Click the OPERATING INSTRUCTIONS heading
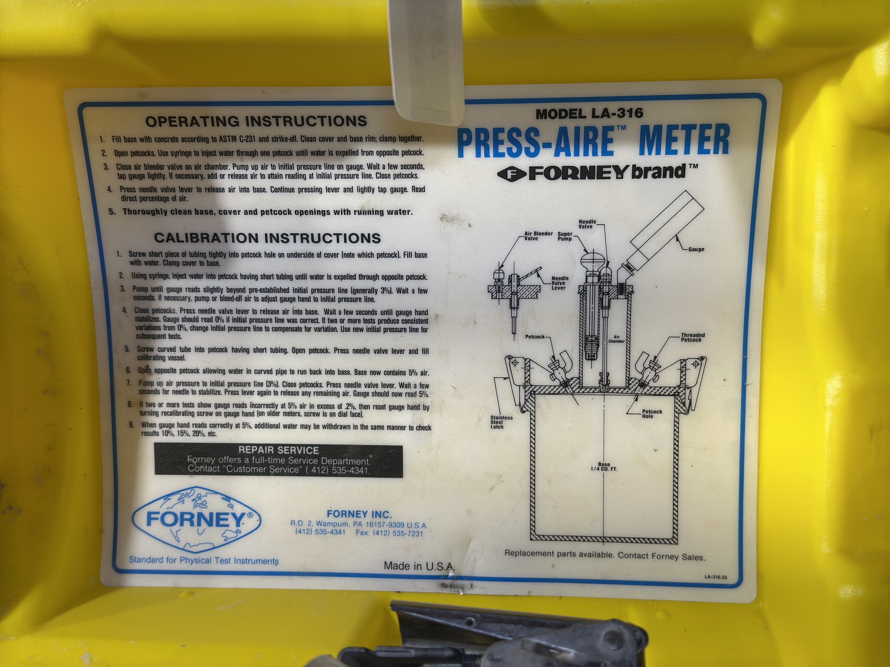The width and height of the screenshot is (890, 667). pos(256,121)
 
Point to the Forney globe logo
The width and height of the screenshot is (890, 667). pos(197,519)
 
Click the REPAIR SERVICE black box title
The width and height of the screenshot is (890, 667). pos(278,450)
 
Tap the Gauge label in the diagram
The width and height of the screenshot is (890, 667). pos(696,249)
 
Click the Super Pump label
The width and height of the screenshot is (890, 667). pos(565,236)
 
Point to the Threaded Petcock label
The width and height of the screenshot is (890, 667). pos(693,337)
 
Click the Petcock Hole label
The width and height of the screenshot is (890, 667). pos(652,414)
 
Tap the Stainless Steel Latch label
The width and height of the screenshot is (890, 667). pos(501,422)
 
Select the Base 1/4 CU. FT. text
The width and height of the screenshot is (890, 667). pos(604,466)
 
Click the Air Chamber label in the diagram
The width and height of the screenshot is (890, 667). pos(616,339)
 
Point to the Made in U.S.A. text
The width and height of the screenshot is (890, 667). pos(419,566)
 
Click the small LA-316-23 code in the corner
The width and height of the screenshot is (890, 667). pos(715,577)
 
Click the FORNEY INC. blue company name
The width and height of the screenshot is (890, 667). pos(359,514)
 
